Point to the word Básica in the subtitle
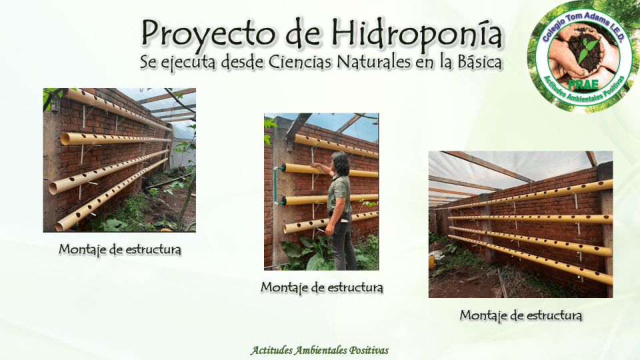tap(476, 63)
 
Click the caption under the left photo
tap(120, 249)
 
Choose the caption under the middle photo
tap(322, 287)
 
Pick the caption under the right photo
tap(521, 315)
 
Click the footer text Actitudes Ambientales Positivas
tap(319, 350)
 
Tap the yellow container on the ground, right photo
tap(432, 262)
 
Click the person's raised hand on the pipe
tap(315, 166)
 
